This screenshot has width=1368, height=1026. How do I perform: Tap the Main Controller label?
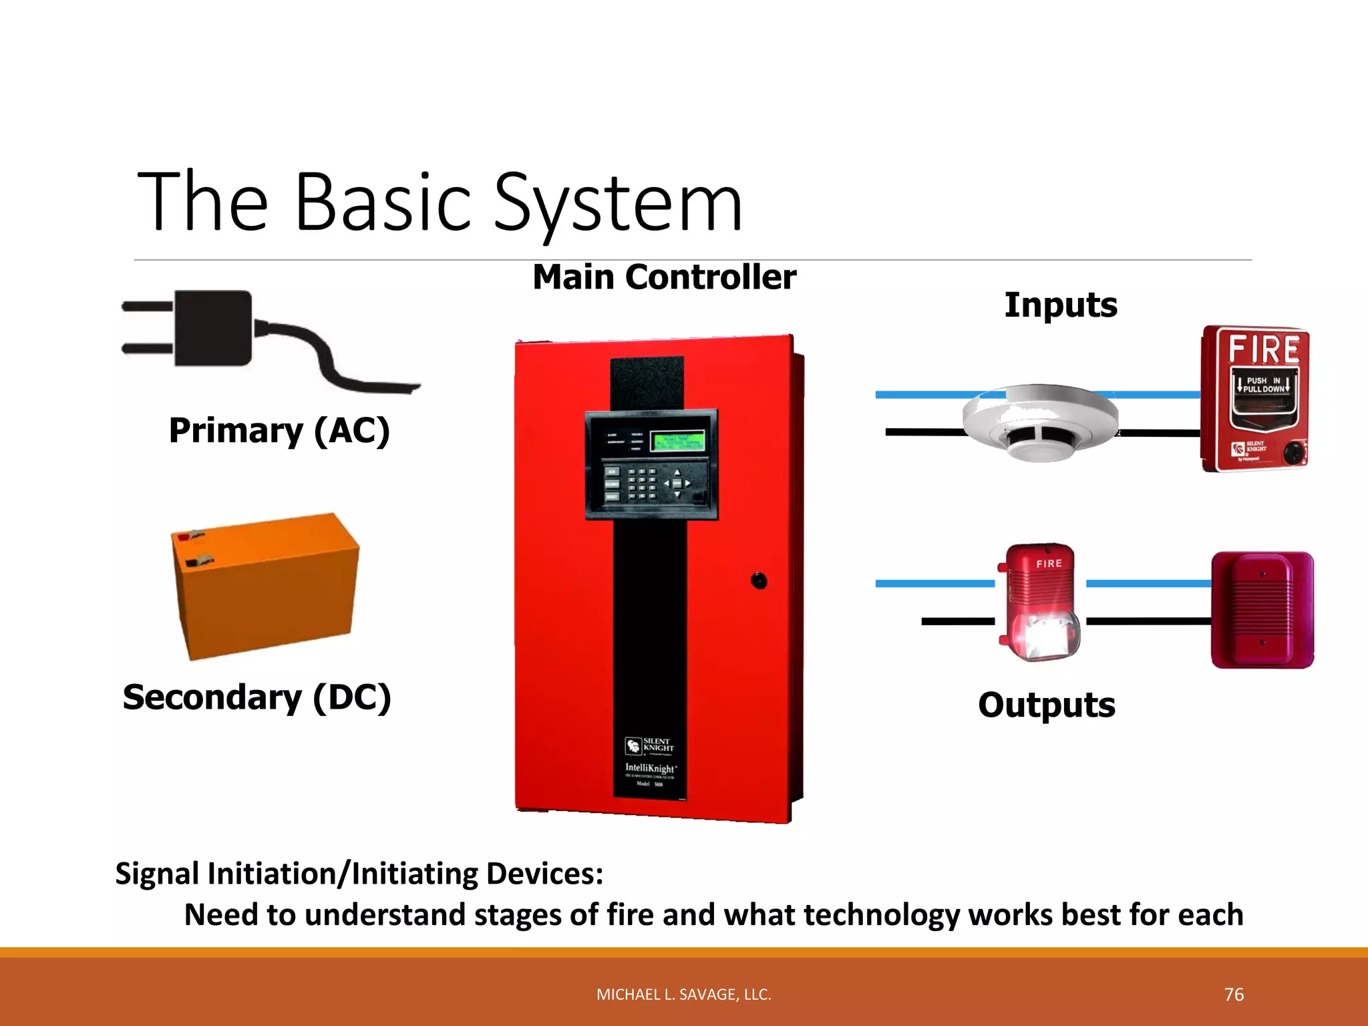pyautogui.click(x=664, y=277)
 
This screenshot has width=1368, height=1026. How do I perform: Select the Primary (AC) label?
pyautogui.click(x=279, y=431)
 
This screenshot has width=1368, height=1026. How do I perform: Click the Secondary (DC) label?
pyautogui.click(x=257, y=698)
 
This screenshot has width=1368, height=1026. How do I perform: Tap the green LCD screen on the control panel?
pyautogui.click(x=677, y=442)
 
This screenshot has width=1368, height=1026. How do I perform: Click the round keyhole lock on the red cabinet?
pyautogui.click(x=759, y=580)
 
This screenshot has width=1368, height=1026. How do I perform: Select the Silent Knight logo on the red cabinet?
pyautogui.click(x=650, y=745)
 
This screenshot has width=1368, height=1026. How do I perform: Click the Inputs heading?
pyautogui.click(x=1061, y=305)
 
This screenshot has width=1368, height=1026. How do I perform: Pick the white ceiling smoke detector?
pyautogui.click(x=1039, y=422)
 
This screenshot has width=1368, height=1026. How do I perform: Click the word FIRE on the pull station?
pyautogui.click(x=1264, y=349)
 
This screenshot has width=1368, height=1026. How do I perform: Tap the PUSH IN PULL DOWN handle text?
pyautogui.click(x=1263, y=385)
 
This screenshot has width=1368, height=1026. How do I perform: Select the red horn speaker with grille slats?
pyautogui.click(x=1262, y=609)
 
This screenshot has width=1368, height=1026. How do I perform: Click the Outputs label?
pyautogui.click(x=1046, y=705)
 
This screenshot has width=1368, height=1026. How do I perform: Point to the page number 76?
pyautogui.click(x=1234, y=995)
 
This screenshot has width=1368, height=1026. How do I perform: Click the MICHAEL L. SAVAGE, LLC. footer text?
pyautogui.click(x=683, y=995)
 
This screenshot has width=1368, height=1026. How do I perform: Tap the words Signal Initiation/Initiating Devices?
pyautogui.click(x=359, y=874)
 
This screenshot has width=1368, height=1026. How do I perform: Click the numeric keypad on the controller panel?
pyautogui.click(x=642, y=484)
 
